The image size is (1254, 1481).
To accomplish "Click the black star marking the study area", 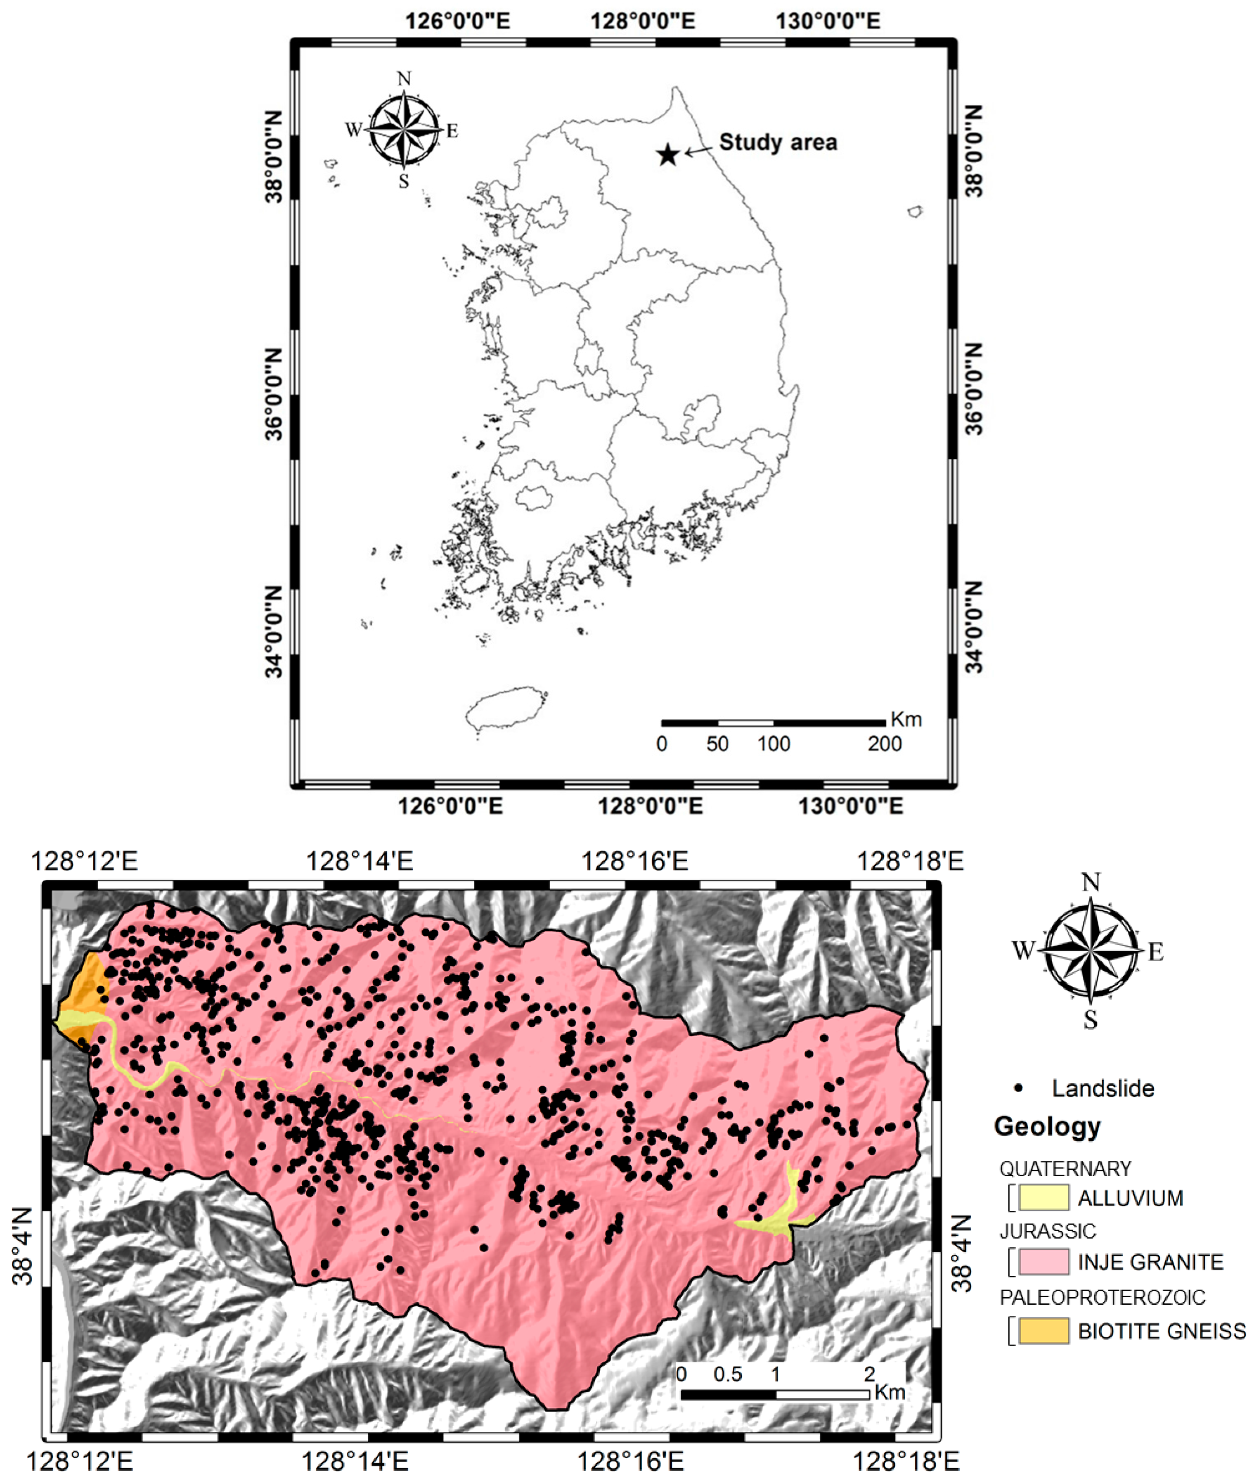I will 667,154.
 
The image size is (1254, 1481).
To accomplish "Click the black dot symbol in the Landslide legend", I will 1020,1088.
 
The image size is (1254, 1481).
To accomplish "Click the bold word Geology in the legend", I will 1047,1126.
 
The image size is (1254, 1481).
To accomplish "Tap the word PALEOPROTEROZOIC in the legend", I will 1102,1298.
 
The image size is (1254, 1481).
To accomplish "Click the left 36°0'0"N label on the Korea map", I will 275,395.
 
